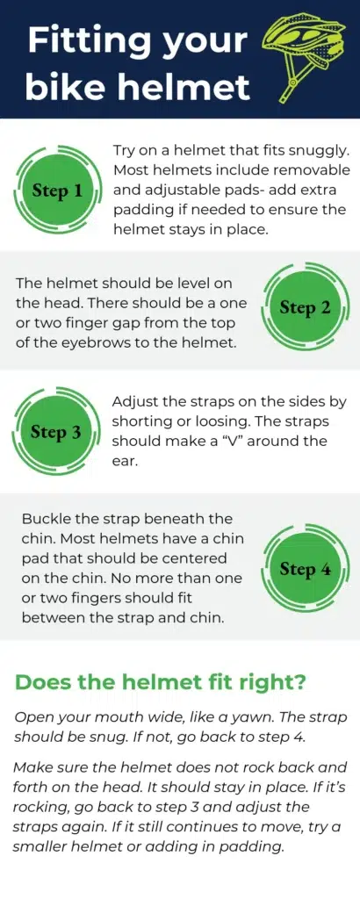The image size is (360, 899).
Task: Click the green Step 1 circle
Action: pos(57,191)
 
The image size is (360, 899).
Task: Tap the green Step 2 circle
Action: pos(305,308)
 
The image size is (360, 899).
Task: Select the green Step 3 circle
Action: pos(56,432)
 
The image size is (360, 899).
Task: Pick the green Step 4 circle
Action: pos(305,569)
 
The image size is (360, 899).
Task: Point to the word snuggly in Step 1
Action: pos(316,151)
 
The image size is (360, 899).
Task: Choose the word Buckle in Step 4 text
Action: pos(48,519)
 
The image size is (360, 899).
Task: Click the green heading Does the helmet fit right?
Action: pos(160,683)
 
